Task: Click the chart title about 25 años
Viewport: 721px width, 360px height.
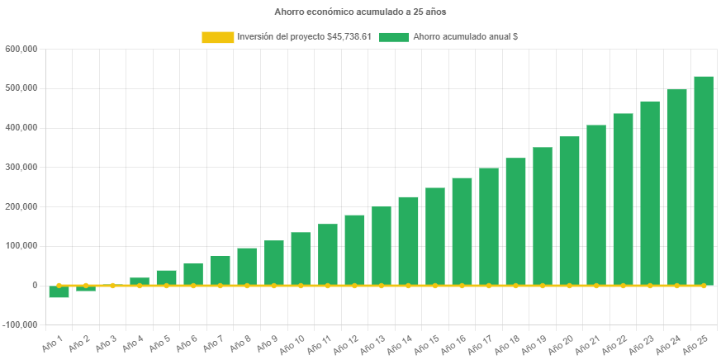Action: coord(360,12)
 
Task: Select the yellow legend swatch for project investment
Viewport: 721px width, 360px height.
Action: coord(217,37)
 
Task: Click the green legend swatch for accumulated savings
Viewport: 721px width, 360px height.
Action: coord(394,37)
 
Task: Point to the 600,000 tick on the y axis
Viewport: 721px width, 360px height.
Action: coord(21,49)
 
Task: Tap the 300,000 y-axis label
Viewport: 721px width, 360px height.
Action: coord(21,167)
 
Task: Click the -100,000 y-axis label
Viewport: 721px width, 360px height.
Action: coord(20,324)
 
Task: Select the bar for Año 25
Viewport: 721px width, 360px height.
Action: coord(704,181)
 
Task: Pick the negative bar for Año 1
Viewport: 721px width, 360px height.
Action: coord(59,291)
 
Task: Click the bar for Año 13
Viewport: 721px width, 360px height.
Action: coord(382,245)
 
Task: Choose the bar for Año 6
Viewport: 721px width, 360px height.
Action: coord(193,274)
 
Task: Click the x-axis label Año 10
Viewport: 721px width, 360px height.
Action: coord(292,343)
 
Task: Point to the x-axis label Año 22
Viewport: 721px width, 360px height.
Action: coord(614,343)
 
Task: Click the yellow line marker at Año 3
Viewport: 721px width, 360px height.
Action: coord(112,286)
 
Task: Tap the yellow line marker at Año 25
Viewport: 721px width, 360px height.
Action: coord(704,286)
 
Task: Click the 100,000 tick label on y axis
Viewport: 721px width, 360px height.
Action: coord(21,246)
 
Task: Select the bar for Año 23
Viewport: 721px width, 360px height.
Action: coord(650,193)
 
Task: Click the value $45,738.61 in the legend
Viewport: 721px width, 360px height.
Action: coord(349,37)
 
